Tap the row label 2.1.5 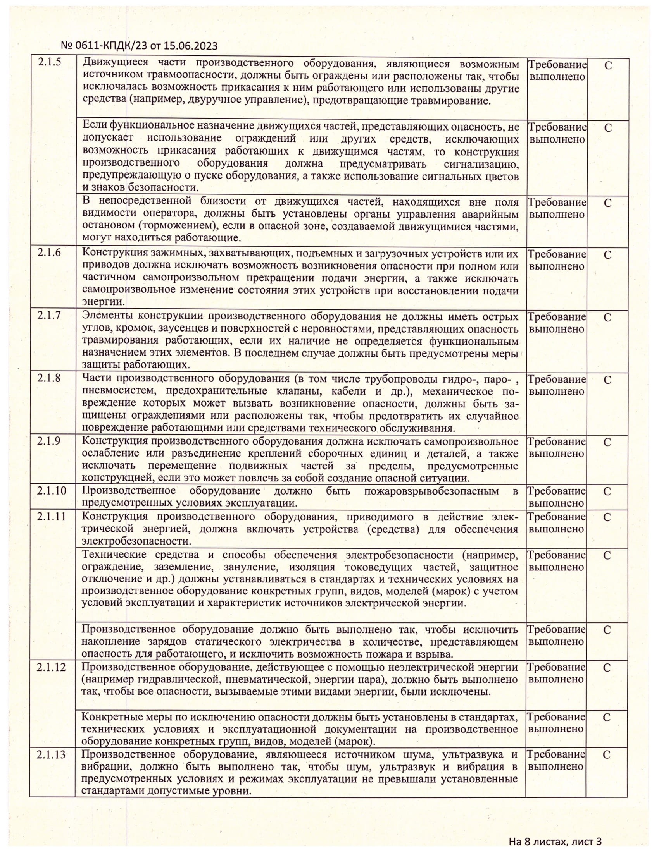tap(50, 62)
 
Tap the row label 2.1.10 tap(52, 491)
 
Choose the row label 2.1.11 tap(52, 517)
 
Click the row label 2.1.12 tap(52, 667)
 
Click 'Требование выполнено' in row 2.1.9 tap(557, 448)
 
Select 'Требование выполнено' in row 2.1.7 tap(557, 323)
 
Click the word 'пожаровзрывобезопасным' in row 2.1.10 tap(431, 491)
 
